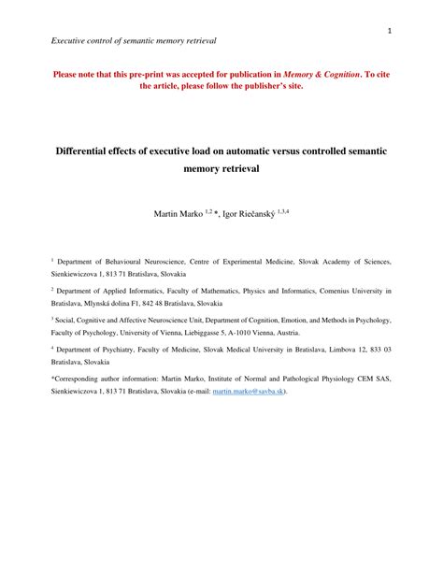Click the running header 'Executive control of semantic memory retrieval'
point(135,40)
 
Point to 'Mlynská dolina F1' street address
point(122,305)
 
